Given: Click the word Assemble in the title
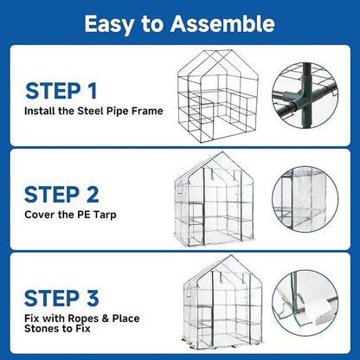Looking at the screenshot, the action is coord(222,23).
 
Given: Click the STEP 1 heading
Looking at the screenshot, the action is coord(61,91).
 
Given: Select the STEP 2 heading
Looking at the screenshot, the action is coord(61,195).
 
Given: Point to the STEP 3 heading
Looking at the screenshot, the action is coord(61,299).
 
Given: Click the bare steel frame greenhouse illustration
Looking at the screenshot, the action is coord(218,96).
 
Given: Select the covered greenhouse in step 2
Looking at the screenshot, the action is coord(215,199).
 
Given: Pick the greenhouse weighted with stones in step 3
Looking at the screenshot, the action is coord(222,302).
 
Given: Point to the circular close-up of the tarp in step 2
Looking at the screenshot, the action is coord(305,199).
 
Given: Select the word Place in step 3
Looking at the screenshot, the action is coord(126,318).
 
